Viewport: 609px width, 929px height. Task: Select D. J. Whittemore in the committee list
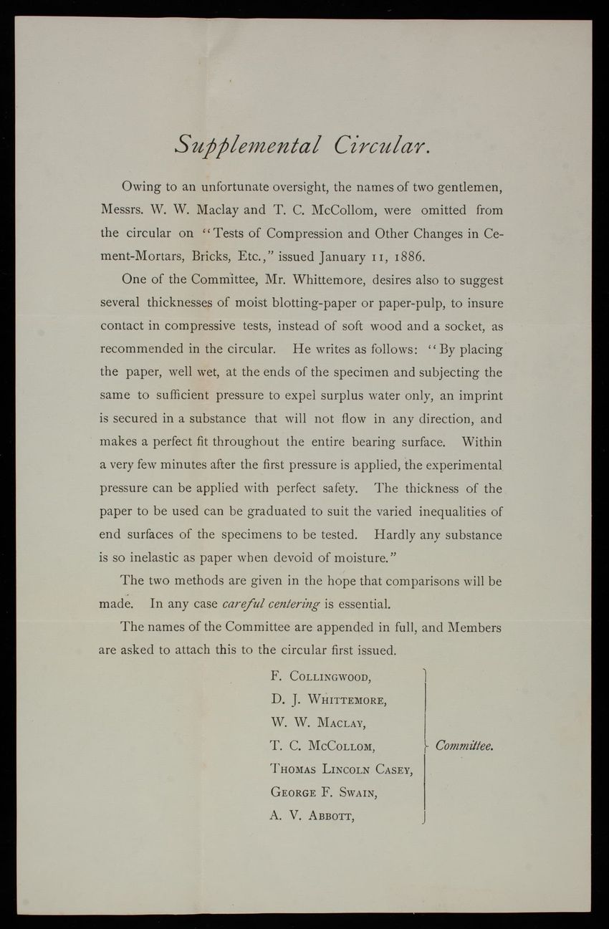click(x=323, y=698)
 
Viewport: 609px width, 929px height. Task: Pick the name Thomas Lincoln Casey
click(x=340, y=769)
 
